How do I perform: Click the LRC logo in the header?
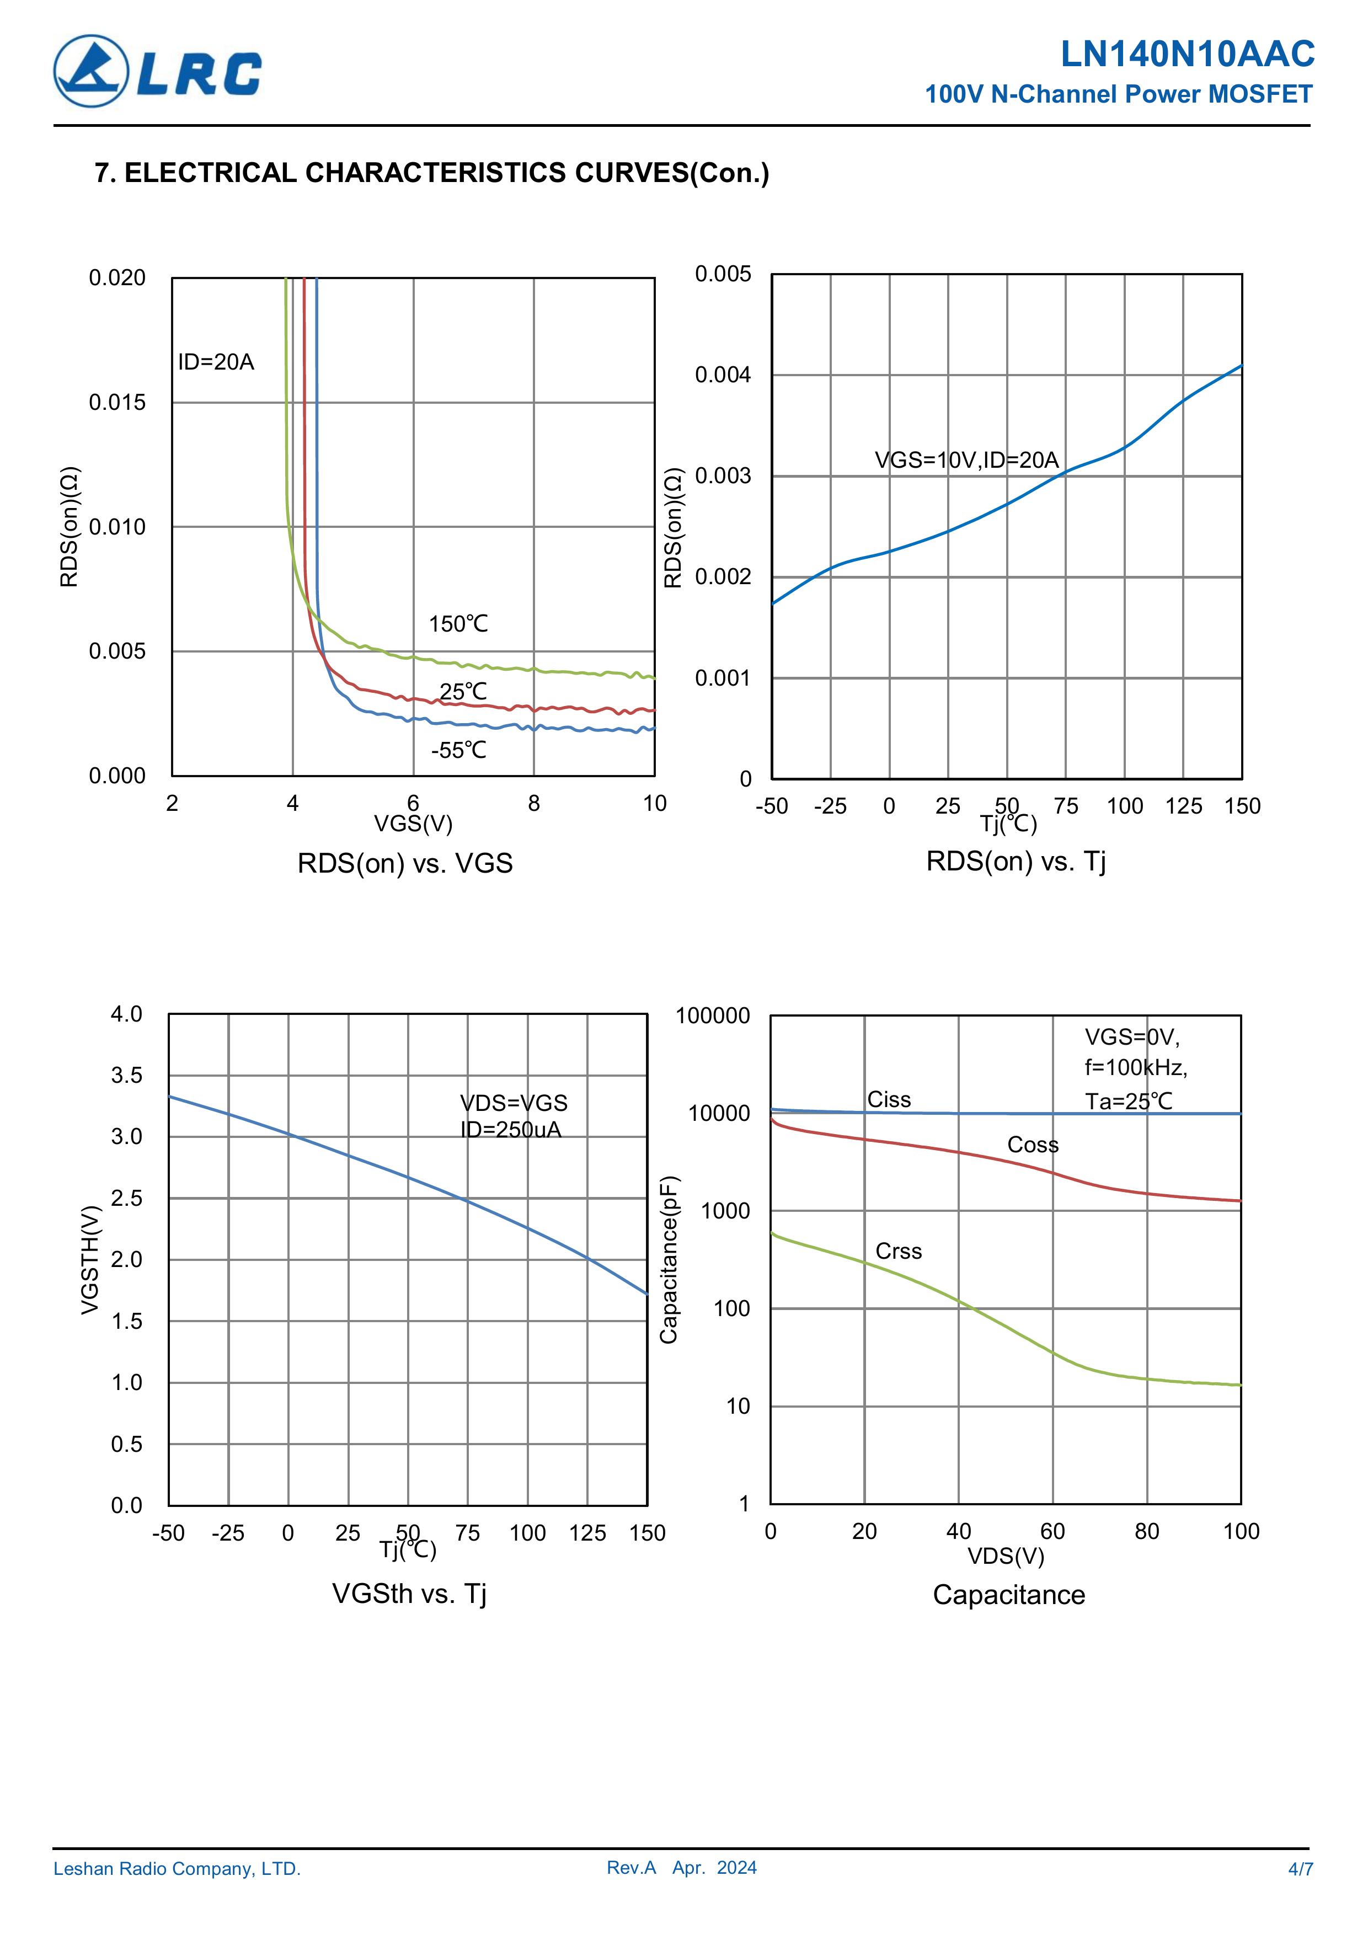click(x=158, y=72)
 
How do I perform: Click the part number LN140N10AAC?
click(x=1187, y=54)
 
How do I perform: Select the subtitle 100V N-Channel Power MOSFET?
click(x=1119, y=94)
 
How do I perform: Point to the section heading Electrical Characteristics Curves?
click(x=431, y=173)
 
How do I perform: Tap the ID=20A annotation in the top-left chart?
click(x=216, y=362)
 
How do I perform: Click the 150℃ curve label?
click(x=458, y=624)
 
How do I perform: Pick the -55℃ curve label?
click(x=458, y=750)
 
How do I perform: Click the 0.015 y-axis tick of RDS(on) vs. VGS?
click(x=117, y=403)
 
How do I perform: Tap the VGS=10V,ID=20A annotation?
click(x=966, y=460)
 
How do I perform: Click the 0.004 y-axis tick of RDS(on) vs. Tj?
click(x=723, y=375)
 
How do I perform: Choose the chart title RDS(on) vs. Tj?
click(x=1016, y=861)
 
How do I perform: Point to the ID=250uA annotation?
click(x=511, y=1130)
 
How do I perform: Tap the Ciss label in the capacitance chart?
click(x=889, y=1100)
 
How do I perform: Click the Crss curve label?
click(x=899, y=1252)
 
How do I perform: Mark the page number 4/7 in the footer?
click(x=1300, y=1869)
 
